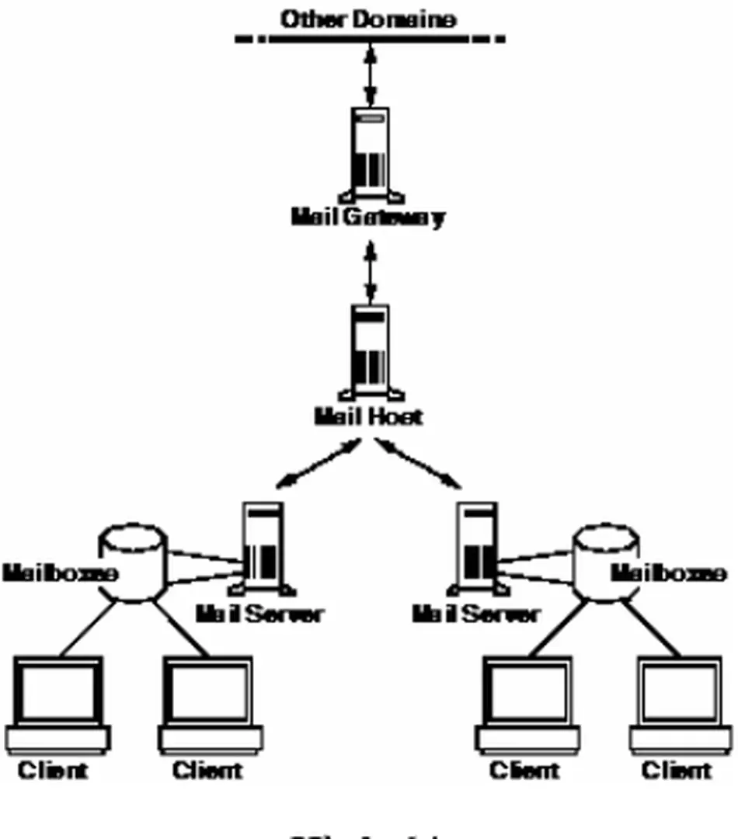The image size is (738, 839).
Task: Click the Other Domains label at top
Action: pos(368,19)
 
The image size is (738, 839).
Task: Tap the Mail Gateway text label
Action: pos(368,217)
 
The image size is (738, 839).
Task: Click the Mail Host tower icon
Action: pos(371,350)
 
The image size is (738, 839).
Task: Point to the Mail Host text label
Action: pos(368,417)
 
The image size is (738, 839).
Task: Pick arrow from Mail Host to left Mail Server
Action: pos(319,464)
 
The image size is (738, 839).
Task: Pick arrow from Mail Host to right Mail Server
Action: pos(417,464)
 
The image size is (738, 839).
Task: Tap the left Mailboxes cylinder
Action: pos(134,563)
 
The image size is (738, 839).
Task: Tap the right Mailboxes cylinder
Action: pos(606,563)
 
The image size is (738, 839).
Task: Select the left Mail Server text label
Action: pos(258,614)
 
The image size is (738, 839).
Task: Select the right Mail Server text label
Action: pos(475,614)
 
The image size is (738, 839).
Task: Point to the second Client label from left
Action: pos(207,771)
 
